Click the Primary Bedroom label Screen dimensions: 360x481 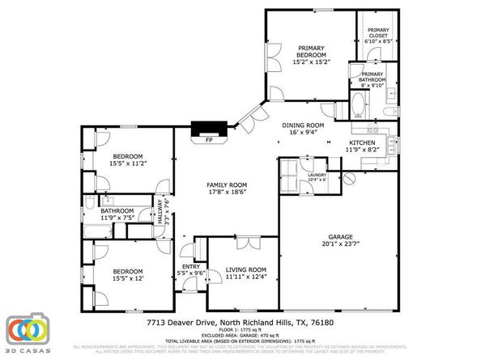click(311, 52)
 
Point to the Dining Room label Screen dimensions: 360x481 click(303, 125)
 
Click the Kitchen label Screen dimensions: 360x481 click(361, 142)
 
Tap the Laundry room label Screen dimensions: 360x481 click(317, 175)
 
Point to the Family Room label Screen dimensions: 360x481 click(227, 184)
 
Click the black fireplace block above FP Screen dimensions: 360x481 click(202, 128)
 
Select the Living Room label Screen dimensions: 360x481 click(246, 269)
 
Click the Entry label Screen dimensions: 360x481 click(191, 266)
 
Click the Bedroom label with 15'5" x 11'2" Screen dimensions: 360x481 click(128, 155)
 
